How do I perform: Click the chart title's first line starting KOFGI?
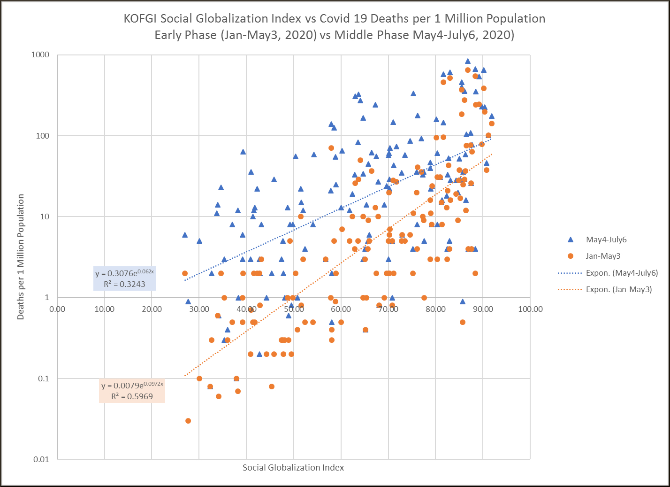[335, 19]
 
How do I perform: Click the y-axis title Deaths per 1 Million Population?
[21, 257]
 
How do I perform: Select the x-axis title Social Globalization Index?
[293, 468]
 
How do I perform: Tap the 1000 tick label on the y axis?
[40, 55]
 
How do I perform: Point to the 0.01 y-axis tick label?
[41, 459]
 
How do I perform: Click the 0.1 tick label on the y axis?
[43, 379]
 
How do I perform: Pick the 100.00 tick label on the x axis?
[531, 309]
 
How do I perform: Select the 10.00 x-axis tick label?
[105, 309]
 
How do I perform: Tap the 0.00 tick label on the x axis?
[57, 309]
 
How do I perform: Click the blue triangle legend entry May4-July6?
[606, 240]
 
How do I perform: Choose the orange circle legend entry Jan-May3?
[603, 256]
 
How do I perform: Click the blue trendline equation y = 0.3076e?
[124, 273]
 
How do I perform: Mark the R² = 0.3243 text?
[124, 284]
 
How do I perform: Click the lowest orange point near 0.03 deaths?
[188, 421]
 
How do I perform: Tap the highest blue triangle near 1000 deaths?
[468, 61]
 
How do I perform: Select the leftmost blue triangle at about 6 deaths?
[185, 235]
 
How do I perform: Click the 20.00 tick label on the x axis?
[152, 309]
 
